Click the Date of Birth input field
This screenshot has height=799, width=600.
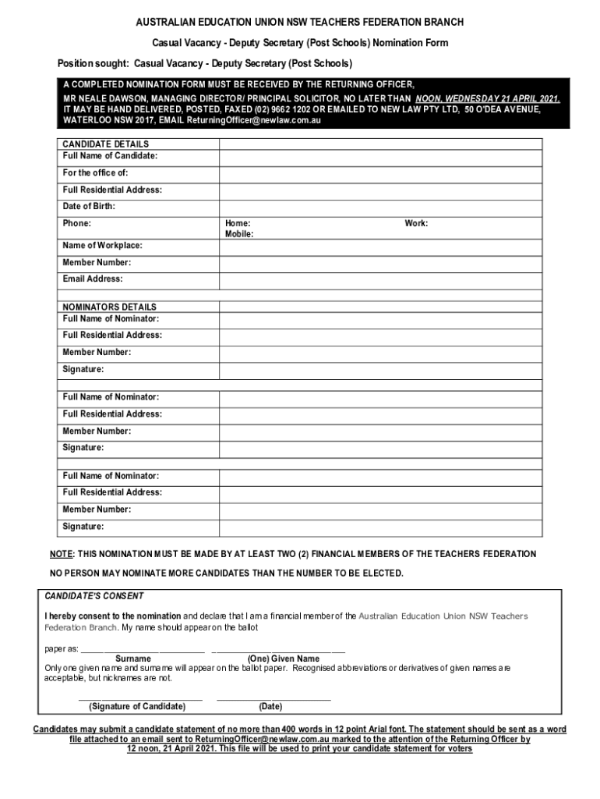(x=380, y=207)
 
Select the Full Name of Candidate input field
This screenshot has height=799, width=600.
(x=380, y=156)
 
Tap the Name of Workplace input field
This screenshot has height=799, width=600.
(x=380, y=246)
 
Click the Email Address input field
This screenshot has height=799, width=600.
(x=380, y=279)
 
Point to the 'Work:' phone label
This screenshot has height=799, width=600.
(x=416, y=224)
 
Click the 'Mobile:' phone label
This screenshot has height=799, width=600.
(x=239, y=234)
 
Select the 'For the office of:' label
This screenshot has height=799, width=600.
(x=96, y=173)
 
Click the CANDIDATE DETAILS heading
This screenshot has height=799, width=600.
(x=105, y=144)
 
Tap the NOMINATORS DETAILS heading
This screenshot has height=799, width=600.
(x=109, y=307)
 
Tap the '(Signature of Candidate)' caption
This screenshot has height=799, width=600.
(x=138, y=707)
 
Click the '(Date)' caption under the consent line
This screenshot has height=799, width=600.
(x=270, y=707)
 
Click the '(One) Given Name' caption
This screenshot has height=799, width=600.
(x=283, y=659)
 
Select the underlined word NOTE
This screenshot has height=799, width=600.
(x=61, y=554)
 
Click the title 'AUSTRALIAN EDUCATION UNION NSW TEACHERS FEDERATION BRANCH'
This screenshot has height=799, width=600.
(x=300, y=23)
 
